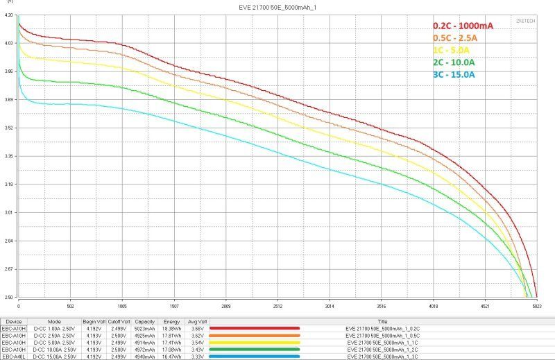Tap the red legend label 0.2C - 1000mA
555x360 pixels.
coord(463,26)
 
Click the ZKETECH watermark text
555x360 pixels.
coord(527,21)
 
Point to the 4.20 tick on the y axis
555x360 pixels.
coord(9,15)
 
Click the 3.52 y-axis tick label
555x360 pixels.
coord(9,128)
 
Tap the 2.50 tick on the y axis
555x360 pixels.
coord(9,297)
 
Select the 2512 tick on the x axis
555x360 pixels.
coord(277,305)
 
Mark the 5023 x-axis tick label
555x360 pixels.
coord(536,305)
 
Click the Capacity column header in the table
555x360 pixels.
coord(144,322)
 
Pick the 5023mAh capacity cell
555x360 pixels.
coord(144,329)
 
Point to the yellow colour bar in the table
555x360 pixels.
coord(254,342)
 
